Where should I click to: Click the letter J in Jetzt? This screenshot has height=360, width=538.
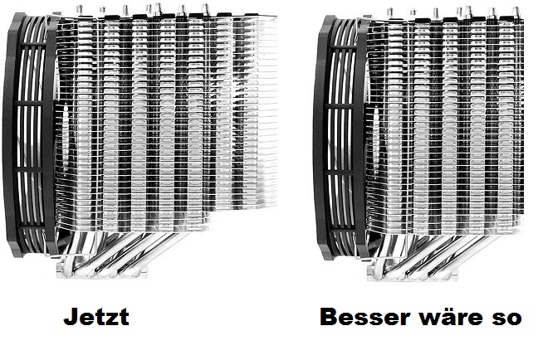coord(69,317)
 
